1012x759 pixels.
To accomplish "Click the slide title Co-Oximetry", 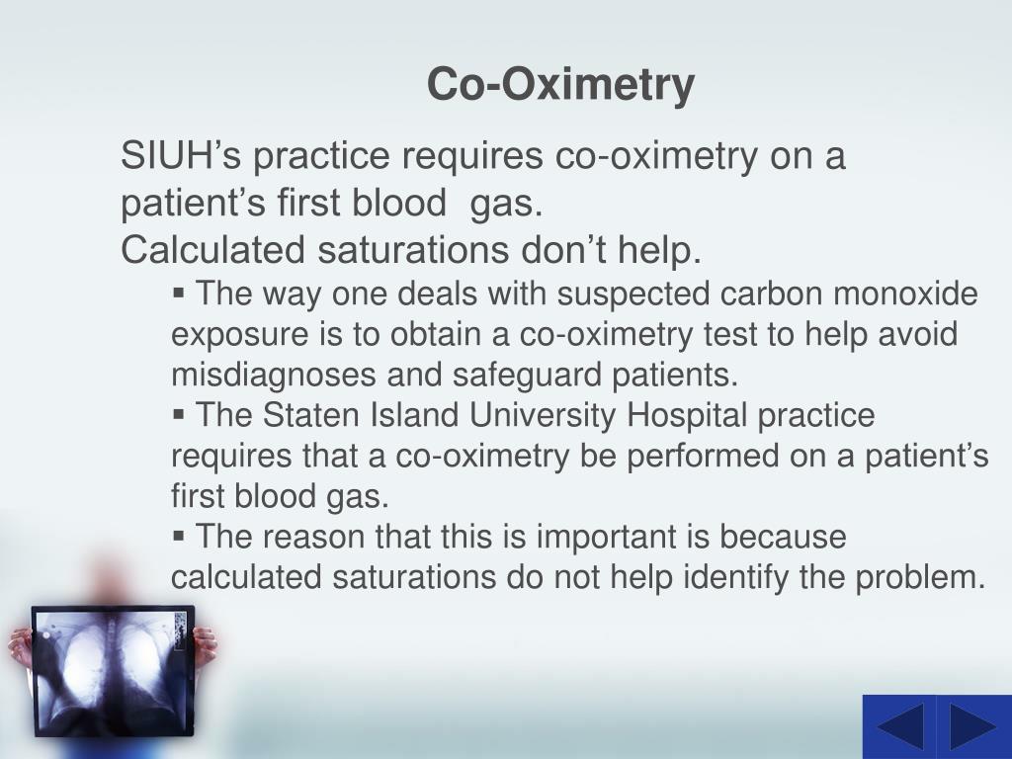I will pos(560,85).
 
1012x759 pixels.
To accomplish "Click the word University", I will pos(545,416).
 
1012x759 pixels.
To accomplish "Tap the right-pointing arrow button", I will pos(971,727).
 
